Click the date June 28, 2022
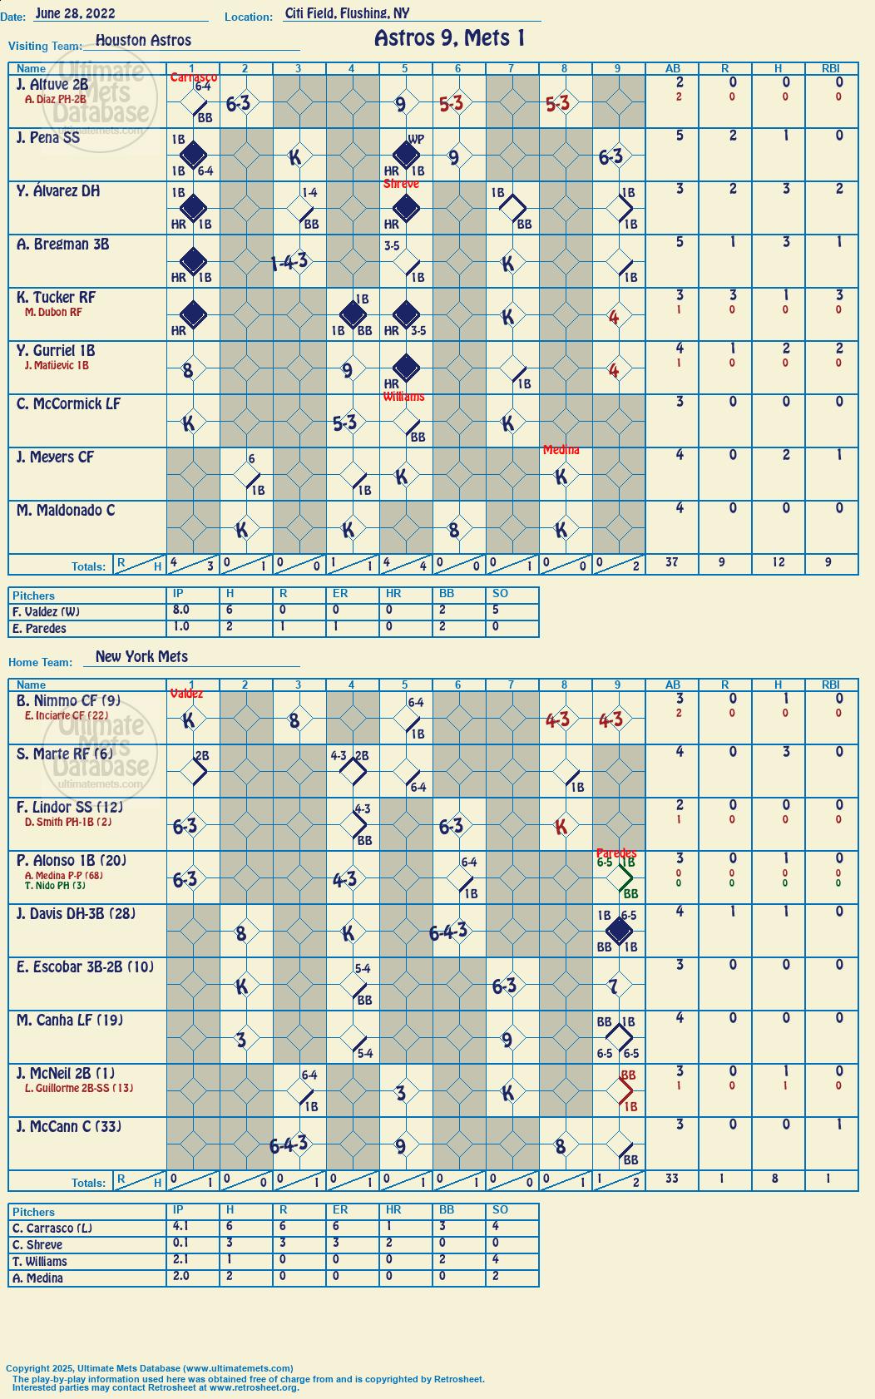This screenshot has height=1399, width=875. (75, 13)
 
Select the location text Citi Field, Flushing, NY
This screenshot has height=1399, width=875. (347, 13)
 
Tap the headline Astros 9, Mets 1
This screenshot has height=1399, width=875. (450, 38)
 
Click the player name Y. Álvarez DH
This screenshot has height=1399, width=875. (58, 191)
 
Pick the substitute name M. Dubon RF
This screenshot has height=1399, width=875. (53, 312)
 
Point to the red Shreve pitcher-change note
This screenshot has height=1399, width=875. (401, 184)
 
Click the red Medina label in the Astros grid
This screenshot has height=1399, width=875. (561, 450)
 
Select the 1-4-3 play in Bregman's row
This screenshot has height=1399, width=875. (289, 262)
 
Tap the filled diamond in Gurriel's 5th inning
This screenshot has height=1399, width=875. (406, 368)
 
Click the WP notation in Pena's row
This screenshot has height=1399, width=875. (416, 139)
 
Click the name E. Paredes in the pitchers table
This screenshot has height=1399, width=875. (39, 628)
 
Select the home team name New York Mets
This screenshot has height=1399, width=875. (141, 656)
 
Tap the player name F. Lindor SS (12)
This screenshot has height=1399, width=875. (69, 808)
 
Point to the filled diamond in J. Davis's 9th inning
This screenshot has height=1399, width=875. (619, 931)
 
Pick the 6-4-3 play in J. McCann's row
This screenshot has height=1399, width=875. (289, 1144)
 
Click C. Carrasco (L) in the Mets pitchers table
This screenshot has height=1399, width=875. (52, 1228)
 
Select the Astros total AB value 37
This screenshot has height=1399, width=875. (671, 562)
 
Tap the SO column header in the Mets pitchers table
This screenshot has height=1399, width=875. (500, 1209)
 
